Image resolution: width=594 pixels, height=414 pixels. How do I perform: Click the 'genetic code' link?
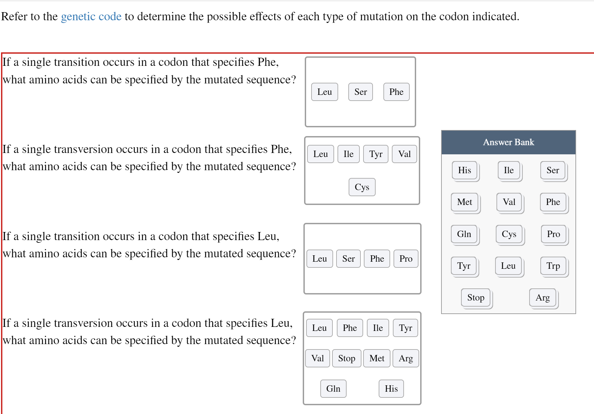pos(91,17)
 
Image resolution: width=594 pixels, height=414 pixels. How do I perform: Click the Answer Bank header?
pos(508,142)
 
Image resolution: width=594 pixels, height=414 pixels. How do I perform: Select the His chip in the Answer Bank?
pos(464,170)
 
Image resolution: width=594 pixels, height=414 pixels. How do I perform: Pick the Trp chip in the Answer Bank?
pos(553,266)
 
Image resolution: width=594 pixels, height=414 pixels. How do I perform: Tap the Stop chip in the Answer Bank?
pos(476,297)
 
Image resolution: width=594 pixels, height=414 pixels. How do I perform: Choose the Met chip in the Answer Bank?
pos(464,202)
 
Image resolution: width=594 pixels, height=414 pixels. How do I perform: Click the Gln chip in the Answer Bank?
pos(464,234)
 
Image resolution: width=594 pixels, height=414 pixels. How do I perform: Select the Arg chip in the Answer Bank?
pos(542,297)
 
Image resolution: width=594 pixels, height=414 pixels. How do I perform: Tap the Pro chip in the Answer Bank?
pos(553,234)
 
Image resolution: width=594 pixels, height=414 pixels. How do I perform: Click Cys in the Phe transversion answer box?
pos(362,187)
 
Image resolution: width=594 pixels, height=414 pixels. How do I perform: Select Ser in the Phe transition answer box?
pos(360,92)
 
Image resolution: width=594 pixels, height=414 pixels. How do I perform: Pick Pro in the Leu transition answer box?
pos(406,259)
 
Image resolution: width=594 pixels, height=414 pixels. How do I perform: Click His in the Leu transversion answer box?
pos(391,389)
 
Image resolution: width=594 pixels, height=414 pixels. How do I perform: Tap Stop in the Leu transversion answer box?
pos(347,358)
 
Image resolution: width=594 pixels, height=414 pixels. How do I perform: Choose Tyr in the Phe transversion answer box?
pos(376,154)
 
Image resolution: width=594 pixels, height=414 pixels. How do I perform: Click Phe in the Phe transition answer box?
pos(396,92)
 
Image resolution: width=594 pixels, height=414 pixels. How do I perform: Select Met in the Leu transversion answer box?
pos(377,358)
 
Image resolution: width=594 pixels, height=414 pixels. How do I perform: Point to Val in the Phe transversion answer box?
pos(404,154)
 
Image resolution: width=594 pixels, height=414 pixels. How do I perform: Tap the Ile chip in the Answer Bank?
pos(509,170)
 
